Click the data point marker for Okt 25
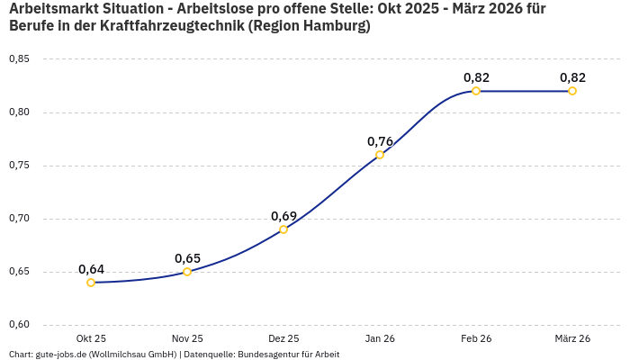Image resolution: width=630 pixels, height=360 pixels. (91, 283)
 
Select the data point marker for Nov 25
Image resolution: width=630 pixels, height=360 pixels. (187, 272)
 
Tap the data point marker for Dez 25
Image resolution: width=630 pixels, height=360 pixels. (283, 229)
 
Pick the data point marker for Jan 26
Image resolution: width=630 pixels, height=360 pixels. (380, 155)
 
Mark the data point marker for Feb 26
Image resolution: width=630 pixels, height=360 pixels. (476, 91)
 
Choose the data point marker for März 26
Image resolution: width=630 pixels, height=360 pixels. (572, 91)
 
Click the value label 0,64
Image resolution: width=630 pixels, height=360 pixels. (91, 269)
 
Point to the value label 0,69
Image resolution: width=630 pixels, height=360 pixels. (283, 216)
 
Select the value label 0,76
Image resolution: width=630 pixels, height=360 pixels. (380, 141)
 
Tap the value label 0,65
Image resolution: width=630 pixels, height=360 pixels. (187, 258)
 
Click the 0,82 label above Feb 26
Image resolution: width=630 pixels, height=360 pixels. (476, 77)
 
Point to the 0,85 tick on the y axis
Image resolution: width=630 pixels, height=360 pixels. (19, 59)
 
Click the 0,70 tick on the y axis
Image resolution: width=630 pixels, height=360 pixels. (19, 219)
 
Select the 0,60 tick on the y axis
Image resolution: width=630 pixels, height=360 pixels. (19, 325)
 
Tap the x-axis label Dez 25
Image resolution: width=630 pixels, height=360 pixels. (283, 338)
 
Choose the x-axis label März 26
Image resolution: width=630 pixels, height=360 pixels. (572, 338)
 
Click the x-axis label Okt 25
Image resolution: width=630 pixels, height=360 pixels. (91, 338)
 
